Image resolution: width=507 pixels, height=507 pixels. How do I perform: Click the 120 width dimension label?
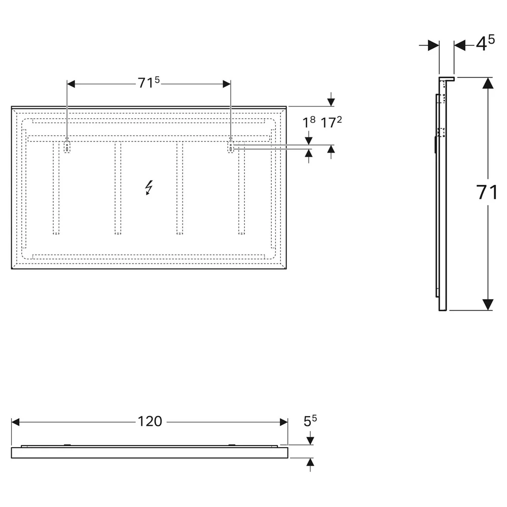click(x=150, y=421)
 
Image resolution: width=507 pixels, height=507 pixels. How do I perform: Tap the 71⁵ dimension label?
click(x=149, y=83)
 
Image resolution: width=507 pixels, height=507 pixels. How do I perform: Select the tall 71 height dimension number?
click(x=487, y=192)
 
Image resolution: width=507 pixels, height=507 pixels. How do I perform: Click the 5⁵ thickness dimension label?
click(x=310, y=421)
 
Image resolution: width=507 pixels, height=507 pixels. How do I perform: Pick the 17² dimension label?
click(x=331, y=123)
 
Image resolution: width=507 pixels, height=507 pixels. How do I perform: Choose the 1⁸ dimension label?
click(x=309, y=123)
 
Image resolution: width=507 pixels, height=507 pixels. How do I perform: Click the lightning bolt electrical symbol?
click(x=149, y=188)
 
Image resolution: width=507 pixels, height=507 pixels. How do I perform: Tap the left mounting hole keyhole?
click(x=67, y=147)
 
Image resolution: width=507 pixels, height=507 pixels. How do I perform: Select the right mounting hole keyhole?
click(x=230, y=147)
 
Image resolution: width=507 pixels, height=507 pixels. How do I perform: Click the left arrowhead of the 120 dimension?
click(x=15, y=422)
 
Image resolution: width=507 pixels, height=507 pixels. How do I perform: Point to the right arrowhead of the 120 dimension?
click(x=283, y=422)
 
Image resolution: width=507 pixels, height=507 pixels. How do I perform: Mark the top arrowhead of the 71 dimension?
click(x=488, y=83)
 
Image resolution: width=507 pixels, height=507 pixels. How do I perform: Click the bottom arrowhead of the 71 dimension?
click(x=488, y=305)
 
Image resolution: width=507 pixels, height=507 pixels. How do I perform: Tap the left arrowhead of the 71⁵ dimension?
click(x=71, y=84)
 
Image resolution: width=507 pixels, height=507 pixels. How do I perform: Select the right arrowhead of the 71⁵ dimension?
click(x=227, y=84)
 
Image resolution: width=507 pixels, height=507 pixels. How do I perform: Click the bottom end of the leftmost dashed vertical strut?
click(x=56, y=233)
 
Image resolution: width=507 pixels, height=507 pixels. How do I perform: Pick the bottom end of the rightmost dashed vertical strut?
click(x=241, y=233)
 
